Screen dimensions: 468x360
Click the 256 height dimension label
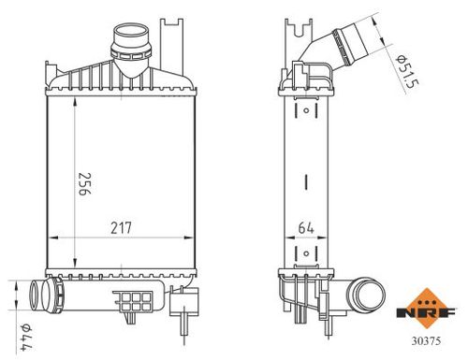[x=84, y=183]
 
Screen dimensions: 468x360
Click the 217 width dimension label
[x=122, y=228]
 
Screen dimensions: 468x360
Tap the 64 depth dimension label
[x=306, y=228]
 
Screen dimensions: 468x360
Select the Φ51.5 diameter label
[x=407, y=72]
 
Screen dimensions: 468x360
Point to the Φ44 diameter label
[x=26, y=338]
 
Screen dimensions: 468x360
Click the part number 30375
[x=426, y=340]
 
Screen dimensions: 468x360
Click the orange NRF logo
[x=426, y=309]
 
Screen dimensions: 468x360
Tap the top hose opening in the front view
[x=131, y=33]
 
